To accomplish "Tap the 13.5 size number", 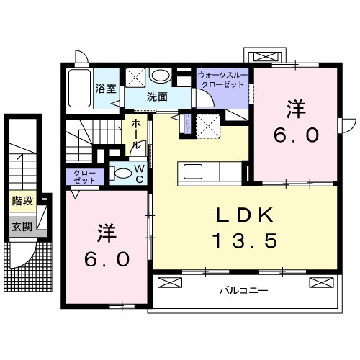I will pyautogui.click(x=243, y=240).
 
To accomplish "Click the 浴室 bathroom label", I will pyautogui.click(x=106, y=89).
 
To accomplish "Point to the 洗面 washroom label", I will pyautogui.click(x=158, y=96).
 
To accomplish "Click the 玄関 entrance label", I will pyautogui.click(x=21, y=225).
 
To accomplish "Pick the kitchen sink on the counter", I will pyautogui.click(x=194, y=171).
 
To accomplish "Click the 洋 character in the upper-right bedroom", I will pyautogui.click(x=295, y=110).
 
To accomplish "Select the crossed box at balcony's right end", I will pyautogui.click(x=318, y=282).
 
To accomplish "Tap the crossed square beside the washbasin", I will pyautogui.click(x=135, y=76).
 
